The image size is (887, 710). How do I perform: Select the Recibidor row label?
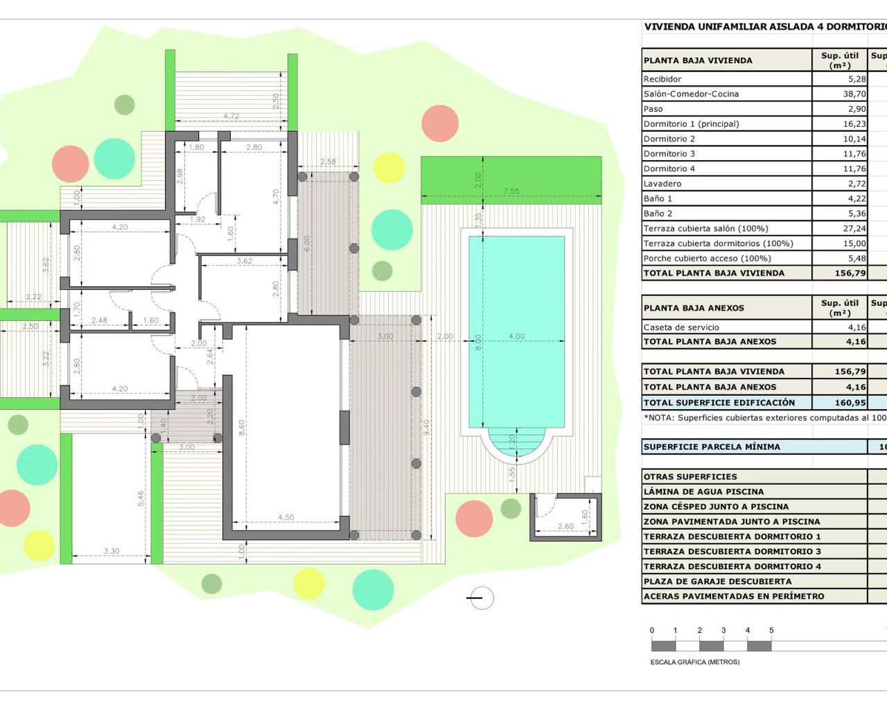662,79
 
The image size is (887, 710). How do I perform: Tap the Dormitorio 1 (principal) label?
691,124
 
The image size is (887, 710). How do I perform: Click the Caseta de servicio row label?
681,327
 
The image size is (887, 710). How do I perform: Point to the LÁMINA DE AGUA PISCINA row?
703,492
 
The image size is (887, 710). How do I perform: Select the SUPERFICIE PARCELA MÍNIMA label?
712,447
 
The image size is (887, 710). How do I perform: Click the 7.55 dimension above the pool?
511,191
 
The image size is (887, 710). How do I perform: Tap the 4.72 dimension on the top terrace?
231,116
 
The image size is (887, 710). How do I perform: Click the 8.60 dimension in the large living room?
242,427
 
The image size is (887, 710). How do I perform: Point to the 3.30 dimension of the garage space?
112,551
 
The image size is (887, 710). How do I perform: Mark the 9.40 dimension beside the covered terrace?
427,427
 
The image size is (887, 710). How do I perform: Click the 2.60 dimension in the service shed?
565,526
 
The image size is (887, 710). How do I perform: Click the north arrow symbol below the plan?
480,598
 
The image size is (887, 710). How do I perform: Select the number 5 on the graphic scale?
771,630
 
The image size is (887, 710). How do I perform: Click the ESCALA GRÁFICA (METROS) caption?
694,662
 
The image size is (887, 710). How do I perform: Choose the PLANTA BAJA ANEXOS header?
694,308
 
